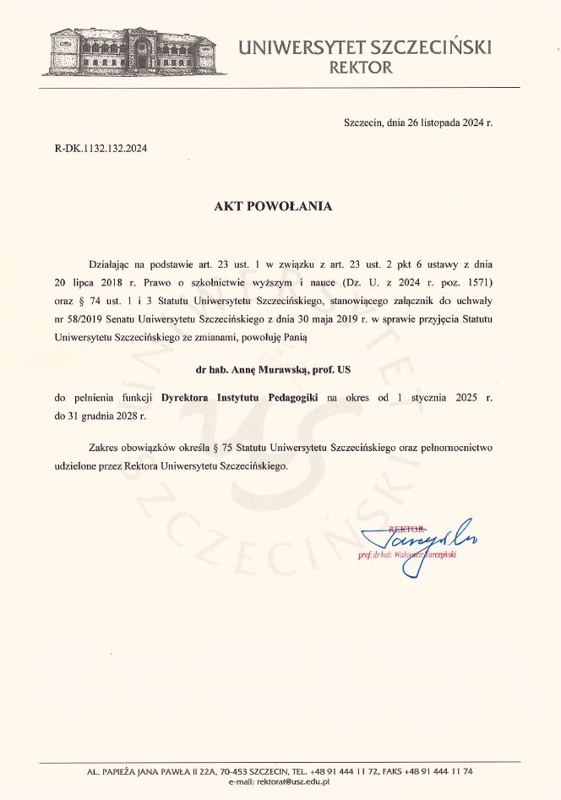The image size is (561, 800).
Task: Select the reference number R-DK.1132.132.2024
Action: (101, 149)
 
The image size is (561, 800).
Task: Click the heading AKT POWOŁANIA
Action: (273, 205)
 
